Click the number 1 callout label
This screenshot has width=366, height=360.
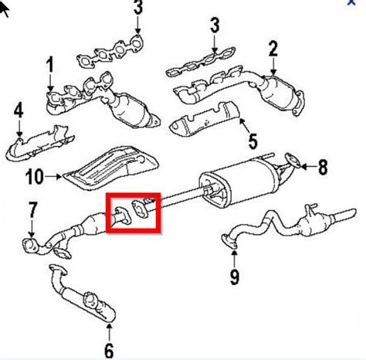pyautogui.click(x=51, y=66)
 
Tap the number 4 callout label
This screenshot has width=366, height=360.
pyautogui.click(x=18, y=111)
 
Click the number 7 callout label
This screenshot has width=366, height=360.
pyautogui.click(x=32, y=209)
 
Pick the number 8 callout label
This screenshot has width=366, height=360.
pyautogui.click(x=323, y=165)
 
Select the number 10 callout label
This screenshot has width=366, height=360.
pyautogui.click(x=33, y=177)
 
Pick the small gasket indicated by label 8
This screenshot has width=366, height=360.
pyautogui.click(x=290, y=163)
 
